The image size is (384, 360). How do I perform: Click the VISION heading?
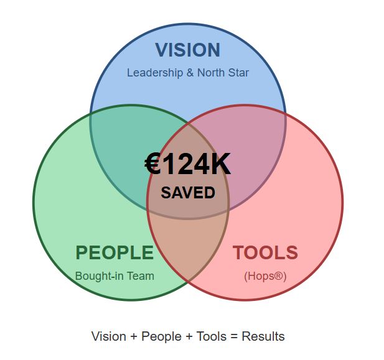(188, 50)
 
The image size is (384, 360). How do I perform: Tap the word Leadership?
(155, 73)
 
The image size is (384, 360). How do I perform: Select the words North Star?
(223, 73)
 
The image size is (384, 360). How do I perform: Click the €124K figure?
(187, 164)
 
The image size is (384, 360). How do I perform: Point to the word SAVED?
(188, 192)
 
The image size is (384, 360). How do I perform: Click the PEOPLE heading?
(115, 252)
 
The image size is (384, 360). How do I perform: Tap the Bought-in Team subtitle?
(115, 276)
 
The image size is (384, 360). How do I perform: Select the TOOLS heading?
(265, 252)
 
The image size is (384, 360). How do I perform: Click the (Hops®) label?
(265, 276)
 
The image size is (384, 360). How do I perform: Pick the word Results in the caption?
(263, 336)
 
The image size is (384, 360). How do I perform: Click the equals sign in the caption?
(234, 337)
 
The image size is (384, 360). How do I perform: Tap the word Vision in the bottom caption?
(109, 336)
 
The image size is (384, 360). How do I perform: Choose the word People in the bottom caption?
(161, 336)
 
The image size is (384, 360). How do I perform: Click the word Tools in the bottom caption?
(212, 336)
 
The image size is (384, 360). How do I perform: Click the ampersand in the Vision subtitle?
(190, 73)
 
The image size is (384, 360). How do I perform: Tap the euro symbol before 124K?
(152, 164)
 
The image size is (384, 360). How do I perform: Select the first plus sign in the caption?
(134, 337)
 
